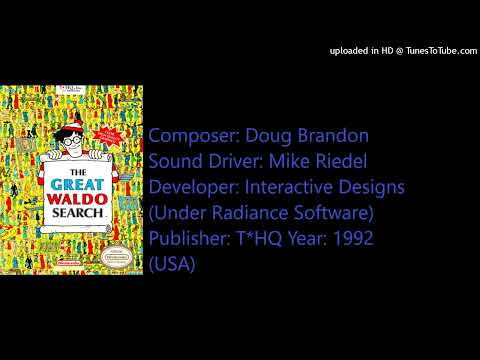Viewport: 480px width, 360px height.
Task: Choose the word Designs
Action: pyautogui.click(x=379, y=187)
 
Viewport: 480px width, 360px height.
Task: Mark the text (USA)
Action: pyautogui.click(x=172, y=265)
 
